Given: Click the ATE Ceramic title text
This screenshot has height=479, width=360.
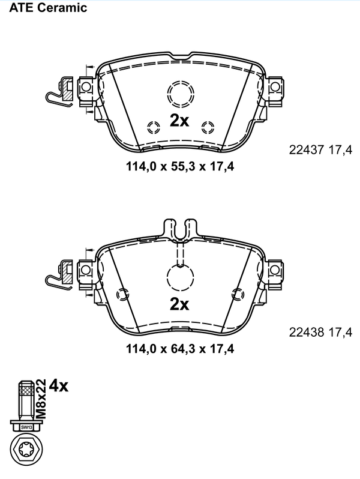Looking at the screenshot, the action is click(48, 8).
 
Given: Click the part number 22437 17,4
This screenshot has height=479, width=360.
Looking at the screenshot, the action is click(320, 150).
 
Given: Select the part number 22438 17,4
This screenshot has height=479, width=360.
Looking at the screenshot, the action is click(320, 332).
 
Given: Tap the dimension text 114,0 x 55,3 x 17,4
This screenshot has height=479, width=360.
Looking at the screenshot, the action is click(180, 166).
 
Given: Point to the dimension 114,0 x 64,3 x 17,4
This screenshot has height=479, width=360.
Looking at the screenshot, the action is click(180, 349).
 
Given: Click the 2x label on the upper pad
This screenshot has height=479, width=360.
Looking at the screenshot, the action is click(179, 121).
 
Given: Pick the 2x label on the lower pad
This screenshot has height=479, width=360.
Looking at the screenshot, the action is click(179, 304).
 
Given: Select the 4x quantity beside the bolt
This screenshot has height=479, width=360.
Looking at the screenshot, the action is click(59, 386).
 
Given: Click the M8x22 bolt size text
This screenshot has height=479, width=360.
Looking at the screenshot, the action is click(41, 399).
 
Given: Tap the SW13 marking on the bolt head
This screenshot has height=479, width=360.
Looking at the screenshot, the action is click(26, 427).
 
